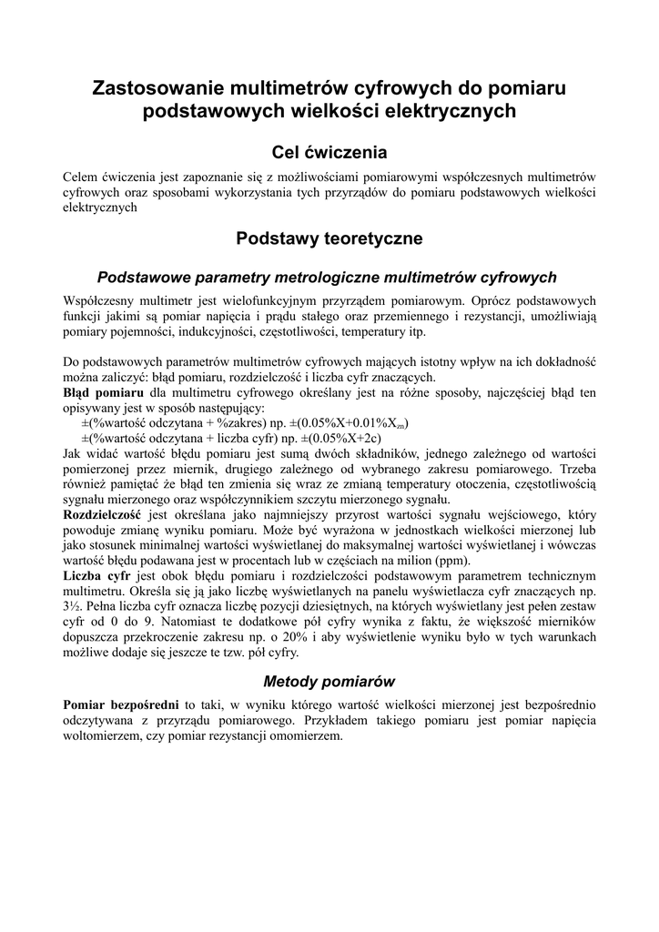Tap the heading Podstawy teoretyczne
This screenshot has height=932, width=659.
(329, 239)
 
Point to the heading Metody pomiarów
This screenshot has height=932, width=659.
(329, 681)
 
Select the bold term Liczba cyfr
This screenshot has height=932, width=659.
(96, 577)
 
